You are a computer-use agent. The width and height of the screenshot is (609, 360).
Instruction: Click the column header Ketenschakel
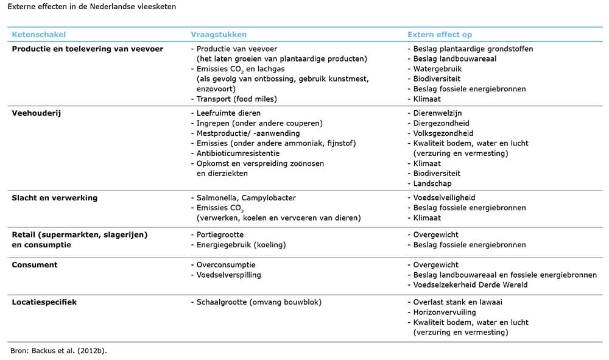(39, 35)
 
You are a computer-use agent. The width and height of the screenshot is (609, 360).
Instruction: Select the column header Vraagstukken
(219, 35)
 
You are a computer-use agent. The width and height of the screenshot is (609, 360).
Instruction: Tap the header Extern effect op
(440, 35)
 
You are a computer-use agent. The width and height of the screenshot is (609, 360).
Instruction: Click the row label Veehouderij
(33, 113)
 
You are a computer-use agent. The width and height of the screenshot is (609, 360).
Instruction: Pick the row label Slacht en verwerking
(55, 197)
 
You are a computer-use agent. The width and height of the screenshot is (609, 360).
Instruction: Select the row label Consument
(35, 265)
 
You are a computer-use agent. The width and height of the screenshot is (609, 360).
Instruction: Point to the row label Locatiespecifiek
(44, 302)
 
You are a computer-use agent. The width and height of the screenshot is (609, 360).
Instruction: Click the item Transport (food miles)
(236, 99)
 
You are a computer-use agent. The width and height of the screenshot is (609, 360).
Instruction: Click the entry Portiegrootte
(220, 235)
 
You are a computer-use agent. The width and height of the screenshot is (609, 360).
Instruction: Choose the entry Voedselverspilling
(228, 275)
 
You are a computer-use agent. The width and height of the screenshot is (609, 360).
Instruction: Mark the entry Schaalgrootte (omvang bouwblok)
(259, 302)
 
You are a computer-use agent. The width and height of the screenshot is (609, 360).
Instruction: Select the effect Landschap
(432, 183)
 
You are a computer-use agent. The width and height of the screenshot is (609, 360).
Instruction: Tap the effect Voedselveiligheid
(444, 197)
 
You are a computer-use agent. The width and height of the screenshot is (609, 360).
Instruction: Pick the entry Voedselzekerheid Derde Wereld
(470, 284)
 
